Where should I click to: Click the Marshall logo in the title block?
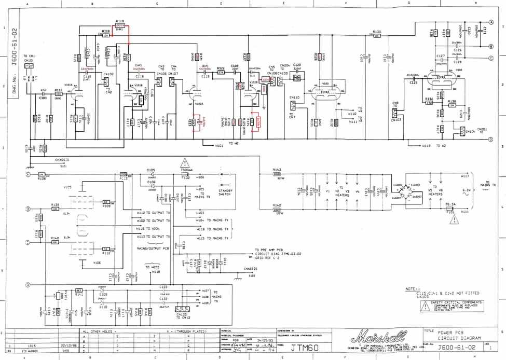[371, 337]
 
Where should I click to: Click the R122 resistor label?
[221, 68]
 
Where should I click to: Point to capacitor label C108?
[235, 66]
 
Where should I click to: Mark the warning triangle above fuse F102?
[185, 162]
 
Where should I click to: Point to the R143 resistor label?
[277, 170]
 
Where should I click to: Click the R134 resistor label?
[429, 99]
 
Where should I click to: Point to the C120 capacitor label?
[297, 64]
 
